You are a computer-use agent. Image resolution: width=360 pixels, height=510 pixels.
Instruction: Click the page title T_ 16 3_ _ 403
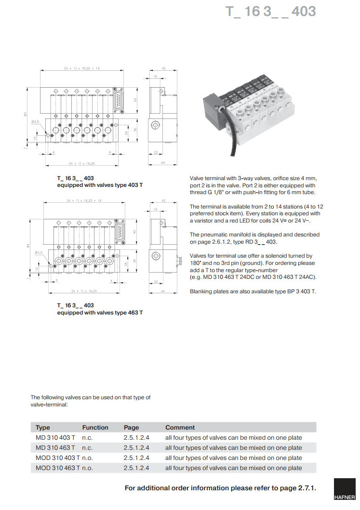[271, 12]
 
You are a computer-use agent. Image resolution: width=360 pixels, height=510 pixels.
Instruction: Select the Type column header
[43, 427]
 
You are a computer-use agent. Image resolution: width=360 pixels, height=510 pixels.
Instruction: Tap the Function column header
[95, 427]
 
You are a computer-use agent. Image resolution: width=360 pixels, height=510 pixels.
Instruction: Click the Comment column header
[180, 427]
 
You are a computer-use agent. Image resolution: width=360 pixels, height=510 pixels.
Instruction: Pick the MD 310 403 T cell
[55, 438]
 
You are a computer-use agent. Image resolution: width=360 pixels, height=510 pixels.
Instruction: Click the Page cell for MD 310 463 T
[136, 448]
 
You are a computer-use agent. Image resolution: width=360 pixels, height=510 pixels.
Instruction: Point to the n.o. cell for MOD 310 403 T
[87, 458]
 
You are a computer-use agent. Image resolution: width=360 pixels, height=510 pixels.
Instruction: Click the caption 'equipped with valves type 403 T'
[100, 185]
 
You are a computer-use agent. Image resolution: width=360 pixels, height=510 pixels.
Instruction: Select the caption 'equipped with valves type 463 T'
[100, 313]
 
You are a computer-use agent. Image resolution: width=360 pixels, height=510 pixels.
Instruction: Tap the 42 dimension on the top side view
[164, 69]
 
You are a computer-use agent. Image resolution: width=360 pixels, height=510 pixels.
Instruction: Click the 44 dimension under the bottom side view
[164, 291]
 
